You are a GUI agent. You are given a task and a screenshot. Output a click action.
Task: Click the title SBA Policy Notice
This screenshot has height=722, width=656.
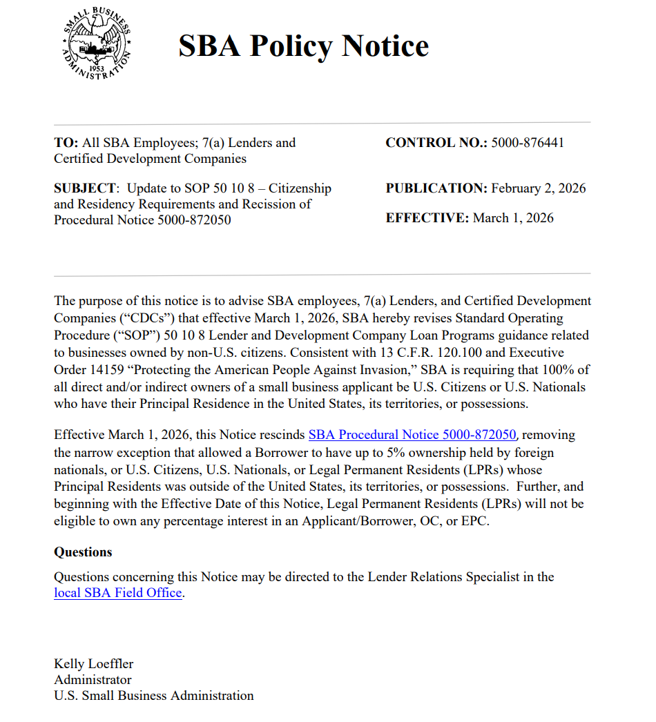click(303, 46)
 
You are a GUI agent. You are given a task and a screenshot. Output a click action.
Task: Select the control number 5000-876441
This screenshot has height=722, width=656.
click(528, 143)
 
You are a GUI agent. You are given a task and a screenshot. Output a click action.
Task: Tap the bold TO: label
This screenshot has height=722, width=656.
click(66, 143)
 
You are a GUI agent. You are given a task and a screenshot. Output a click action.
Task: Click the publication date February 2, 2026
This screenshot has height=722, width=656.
click(539, 188)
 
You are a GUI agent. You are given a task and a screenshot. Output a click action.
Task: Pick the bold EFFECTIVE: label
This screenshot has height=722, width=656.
click(427, 218)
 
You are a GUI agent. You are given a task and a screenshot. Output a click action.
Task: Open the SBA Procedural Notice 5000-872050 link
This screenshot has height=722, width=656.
click(412, 435)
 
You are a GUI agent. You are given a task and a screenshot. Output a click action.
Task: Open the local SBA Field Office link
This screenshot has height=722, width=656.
click(118, 593)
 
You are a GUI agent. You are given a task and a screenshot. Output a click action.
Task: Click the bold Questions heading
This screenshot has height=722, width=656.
click(83, 552)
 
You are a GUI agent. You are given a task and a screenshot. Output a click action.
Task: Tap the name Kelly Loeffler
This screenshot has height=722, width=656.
click(94, 664)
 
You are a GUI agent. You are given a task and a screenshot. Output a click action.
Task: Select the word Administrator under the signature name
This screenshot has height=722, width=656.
click(93, 680)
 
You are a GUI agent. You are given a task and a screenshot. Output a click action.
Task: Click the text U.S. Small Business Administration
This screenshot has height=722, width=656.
click(154, 696)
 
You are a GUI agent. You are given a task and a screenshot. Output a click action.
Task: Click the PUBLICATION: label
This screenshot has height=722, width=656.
click(436, 188)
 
